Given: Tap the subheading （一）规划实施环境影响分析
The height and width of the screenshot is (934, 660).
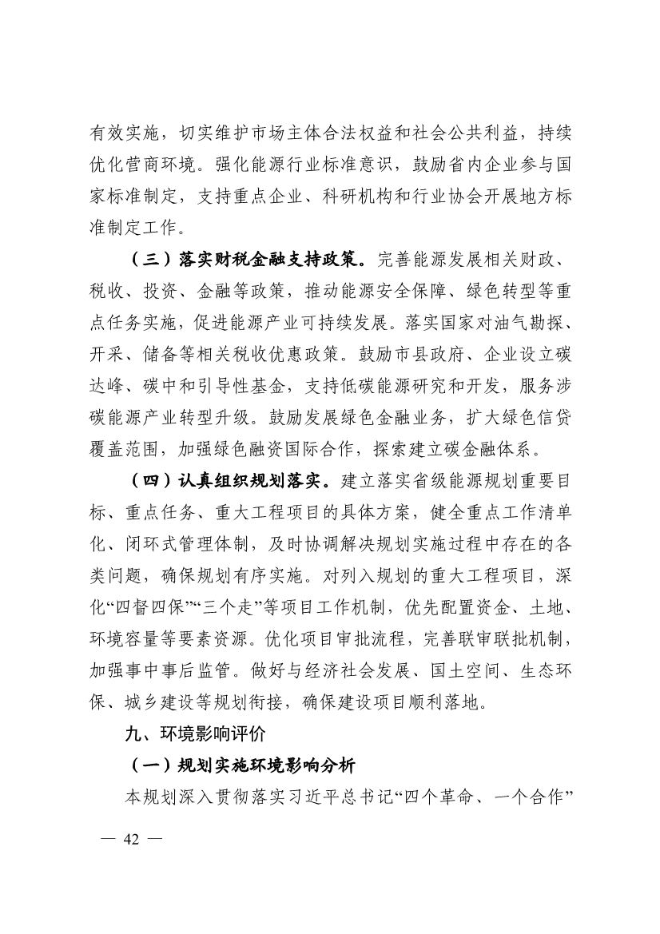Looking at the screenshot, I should click(x=243, y=765).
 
